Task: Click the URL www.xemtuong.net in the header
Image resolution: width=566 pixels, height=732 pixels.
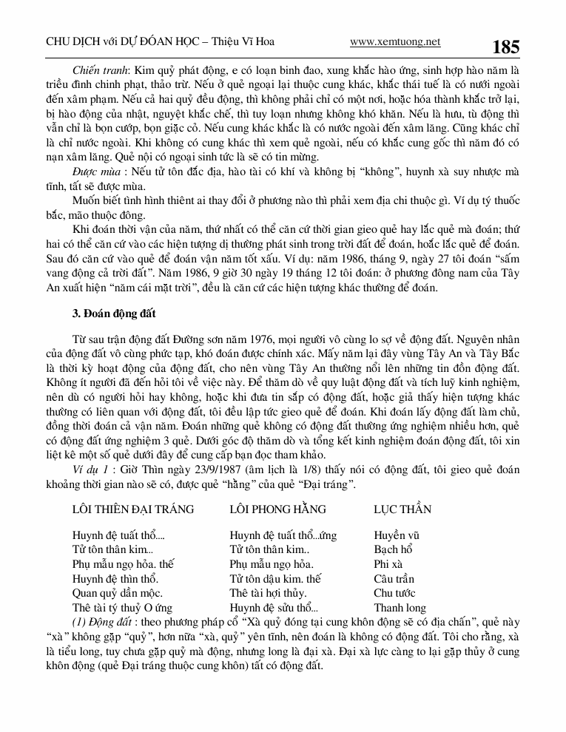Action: (x=395, y=42)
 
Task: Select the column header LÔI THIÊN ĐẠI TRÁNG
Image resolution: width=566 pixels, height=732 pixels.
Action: (x=133, y=509)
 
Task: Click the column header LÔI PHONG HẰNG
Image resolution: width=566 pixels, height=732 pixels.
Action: (x=277, y=509)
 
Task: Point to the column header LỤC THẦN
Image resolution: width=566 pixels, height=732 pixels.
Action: (x=402, y=509)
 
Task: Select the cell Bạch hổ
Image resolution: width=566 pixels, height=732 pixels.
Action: (x=392, y=550)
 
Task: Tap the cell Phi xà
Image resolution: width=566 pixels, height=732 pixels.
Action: (x=388, y=564)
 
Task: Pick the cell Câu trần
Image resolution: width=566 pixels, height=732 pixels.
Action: (x=394, y=579)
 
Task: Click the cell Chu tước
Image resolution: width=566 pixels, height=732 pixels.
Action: (x=395, y=593)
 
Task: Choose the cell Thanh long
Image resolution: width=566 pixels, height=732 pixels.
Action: (x=400, y=608)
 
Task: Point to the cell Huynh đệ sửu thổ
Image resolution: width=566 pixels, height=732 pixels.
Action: (x=274, y=608)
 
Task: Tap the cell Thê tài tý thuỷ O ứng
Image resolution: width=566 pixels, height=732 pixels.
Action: (x=122, y=608)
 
